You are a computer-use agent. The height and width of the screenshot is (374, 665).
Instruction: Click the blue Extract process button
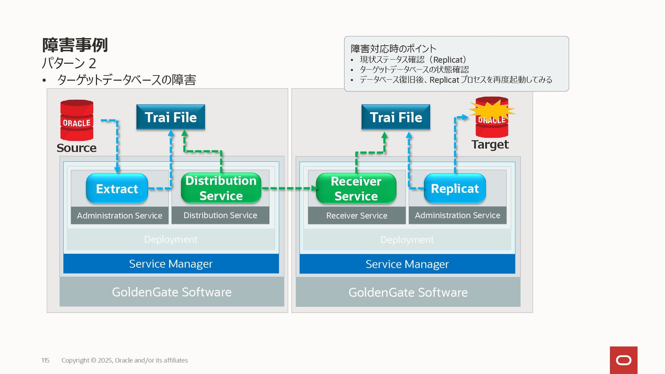pos(117,188)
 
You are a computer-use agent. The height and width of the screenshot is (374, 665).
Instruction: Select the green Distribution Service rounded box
pos(221,188)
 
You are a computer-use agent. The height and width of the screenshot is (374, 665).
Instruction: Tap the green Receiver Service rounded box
pos(356,188)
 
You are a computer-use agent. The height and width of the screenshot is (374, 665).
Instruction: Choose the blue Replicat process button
pos(455,188)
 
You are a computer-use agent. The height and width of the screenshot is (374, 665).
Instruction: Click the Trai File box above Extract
pos(171,117)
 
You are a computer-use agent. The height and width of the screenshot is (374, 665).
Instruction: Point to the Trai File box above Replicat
pos(396,117)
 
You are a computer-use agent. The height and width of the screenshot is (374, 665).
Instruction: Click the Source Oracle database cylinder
pos(77,120)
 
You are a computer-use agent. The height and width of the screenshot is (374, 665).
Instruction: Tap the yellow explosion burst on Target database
pos(492,110)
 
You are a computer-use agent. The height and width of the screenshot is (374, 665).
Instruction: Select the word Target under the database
pos(490,144)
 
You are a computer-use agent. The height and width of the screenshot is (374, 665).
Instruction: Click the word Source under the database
pos(77,148)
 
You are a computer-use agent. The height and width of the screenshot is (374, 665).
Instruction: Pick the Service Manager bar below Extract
pos(171,264)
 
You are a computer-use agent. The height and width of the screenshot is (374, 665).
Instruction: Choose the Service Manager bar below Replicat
pos(407,264)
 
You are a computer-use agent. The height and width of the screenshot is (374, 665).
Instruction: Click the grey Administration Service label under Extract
pos(119,215)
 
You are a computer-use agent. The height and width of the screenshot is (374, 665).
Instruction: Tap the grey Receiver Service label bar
pos(357,215)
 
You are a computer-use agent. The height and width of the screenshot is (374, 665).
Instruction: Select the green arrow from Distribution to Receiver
pos(290,188)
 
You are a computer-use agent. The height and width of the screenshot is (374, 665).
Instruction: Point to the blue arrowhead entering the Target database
pos(465,117)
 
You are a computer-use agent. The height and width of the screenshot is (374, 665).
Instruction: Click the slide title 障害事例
pos(75,45)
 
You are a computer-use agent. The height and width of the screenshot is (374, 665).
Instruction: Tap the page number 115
pos(45,360)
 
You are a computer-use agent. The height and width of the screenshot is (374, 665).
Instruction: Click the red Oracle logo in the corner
pos(624,360)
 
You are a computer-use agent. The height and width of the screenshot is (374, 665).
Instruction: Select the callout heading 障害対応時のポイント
pos(393,48)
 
